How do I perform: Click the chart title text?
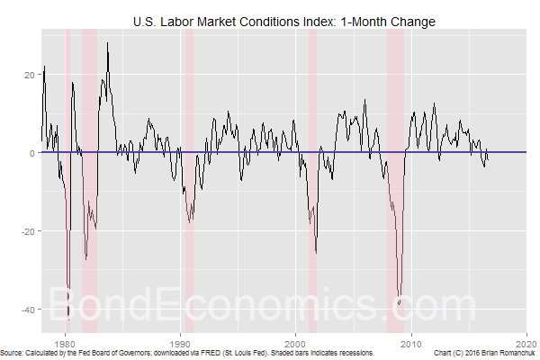tap(283, 21)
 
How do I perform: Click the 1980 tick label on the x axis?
tap(65, 343)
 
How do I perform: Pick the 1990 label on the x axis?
tap(181, 343)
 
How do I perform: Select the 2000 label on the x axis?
tap(296, 343)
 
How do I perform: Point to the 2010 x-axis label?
tap(411, 343)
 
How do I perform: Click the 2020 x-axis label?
tap(527, 343)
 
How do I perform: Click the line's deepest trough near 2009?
tap(399, 304)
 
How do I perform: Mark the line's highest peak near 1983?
tap(108, 42)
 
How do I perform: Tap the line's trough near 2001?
tap(316, 253)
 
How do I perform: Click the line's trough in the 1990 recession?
tap(190, 221)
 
